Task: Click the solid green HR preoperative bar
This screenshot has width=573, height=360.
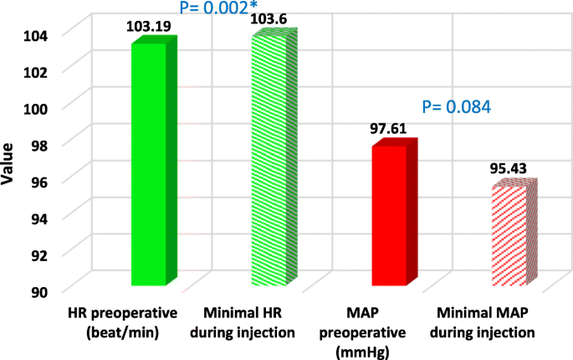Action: (148, 163)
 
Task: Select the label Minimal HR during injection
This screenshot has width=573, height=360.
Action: (248, 322)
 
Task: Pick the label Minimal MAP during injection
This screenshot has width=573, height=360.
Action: (484, 322)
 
